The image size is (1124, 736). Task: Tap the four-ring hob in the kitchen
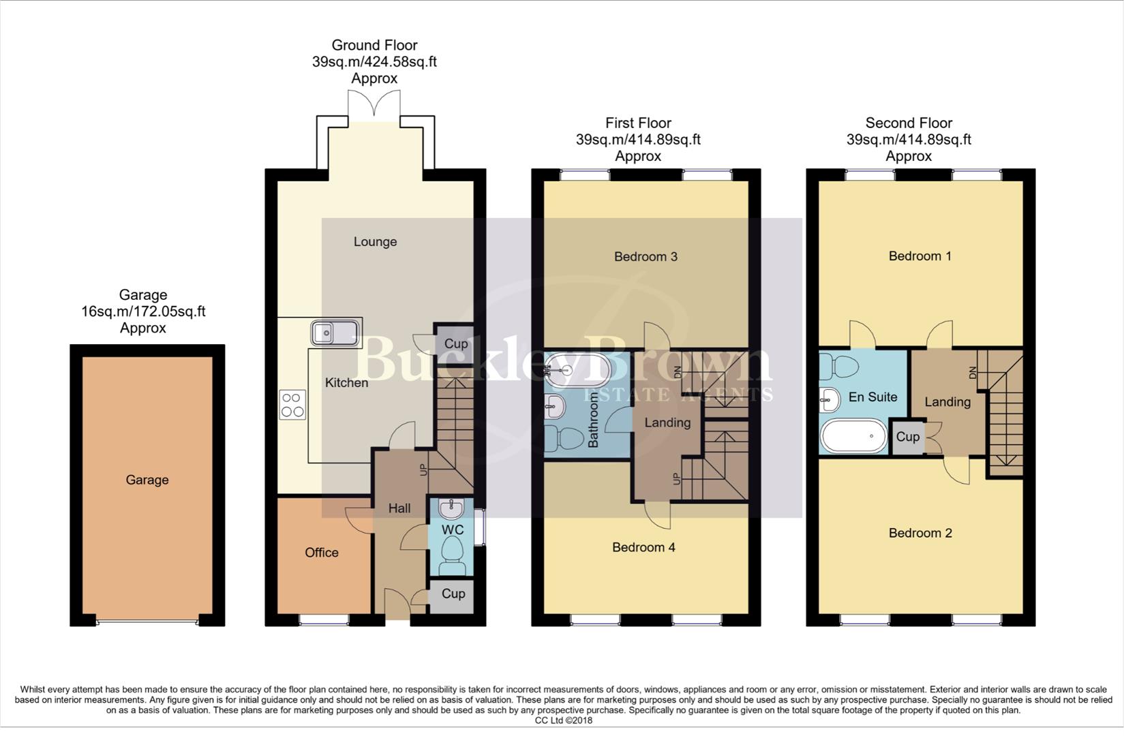pyautogui.click(x=292, y=405)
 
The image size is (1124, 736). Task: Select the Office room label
pyautogui.click(x=321, y=553)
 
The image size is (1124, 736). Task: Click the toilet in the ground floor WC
pyautogui.click(x=452, y=553)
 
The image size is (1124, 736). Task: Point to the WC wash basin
pyautogui.click(x=451, y=508)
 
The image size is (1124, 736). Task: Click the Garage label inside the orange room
pyautogui.click(x=147, y=480)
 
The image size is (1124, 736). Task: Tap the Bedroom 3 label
pyautogui.click(x=645, y=257)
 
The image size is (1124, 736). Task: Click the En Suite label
pyautogui.click(x=872, y=397)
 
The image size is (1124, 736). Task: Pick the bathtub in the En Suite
pyautogui.click(x=853, y=436)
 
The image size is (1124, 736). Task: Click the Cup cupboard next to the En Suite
pyautogui.click(x=907, y=437)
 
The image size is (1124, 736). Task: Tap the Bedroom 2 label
pyautogui.click(x=920, y=533)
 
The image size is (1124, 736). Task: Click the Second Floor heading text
pyautogui.click(x=908, y=123)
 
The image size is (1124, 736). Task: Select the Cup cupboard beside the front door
pyautogui.click(x=453, y=594)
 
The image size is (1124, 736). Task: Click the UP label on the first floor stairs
pyautogui.click(x=676, y=478)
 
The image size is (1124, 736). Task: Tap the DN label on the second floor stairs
pyautogui.click(x=973, y=373)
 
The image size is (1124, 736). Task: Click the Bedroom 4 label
pyautogui.click(x=643, y=547)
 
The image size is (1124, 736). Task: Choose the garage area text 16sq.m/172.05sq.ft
pyautogui.click(x=143, y=311)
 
